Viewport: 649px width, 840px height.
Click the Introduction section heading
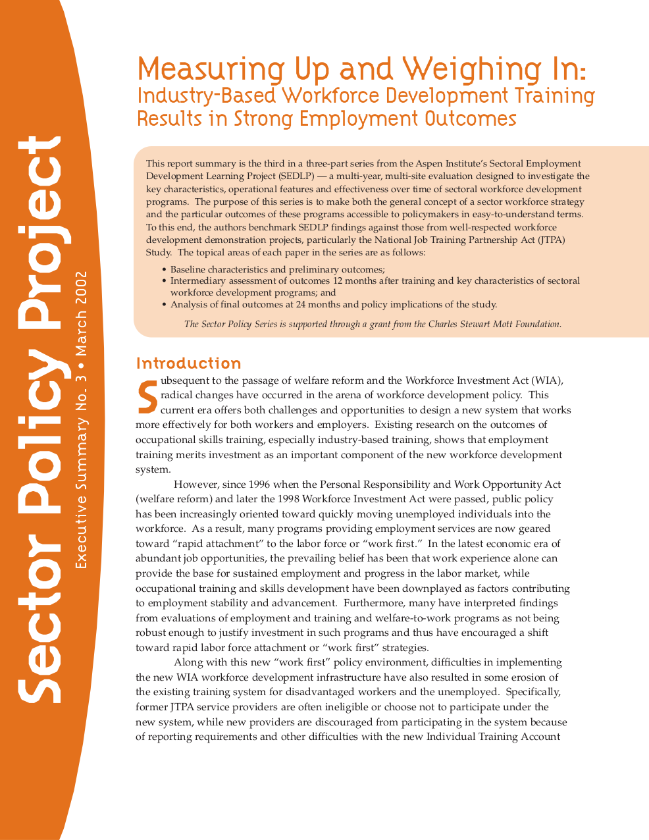click(x=188, y=363)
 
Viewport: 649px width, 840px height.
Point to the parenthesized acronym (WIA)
click(x=548, y=381)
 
